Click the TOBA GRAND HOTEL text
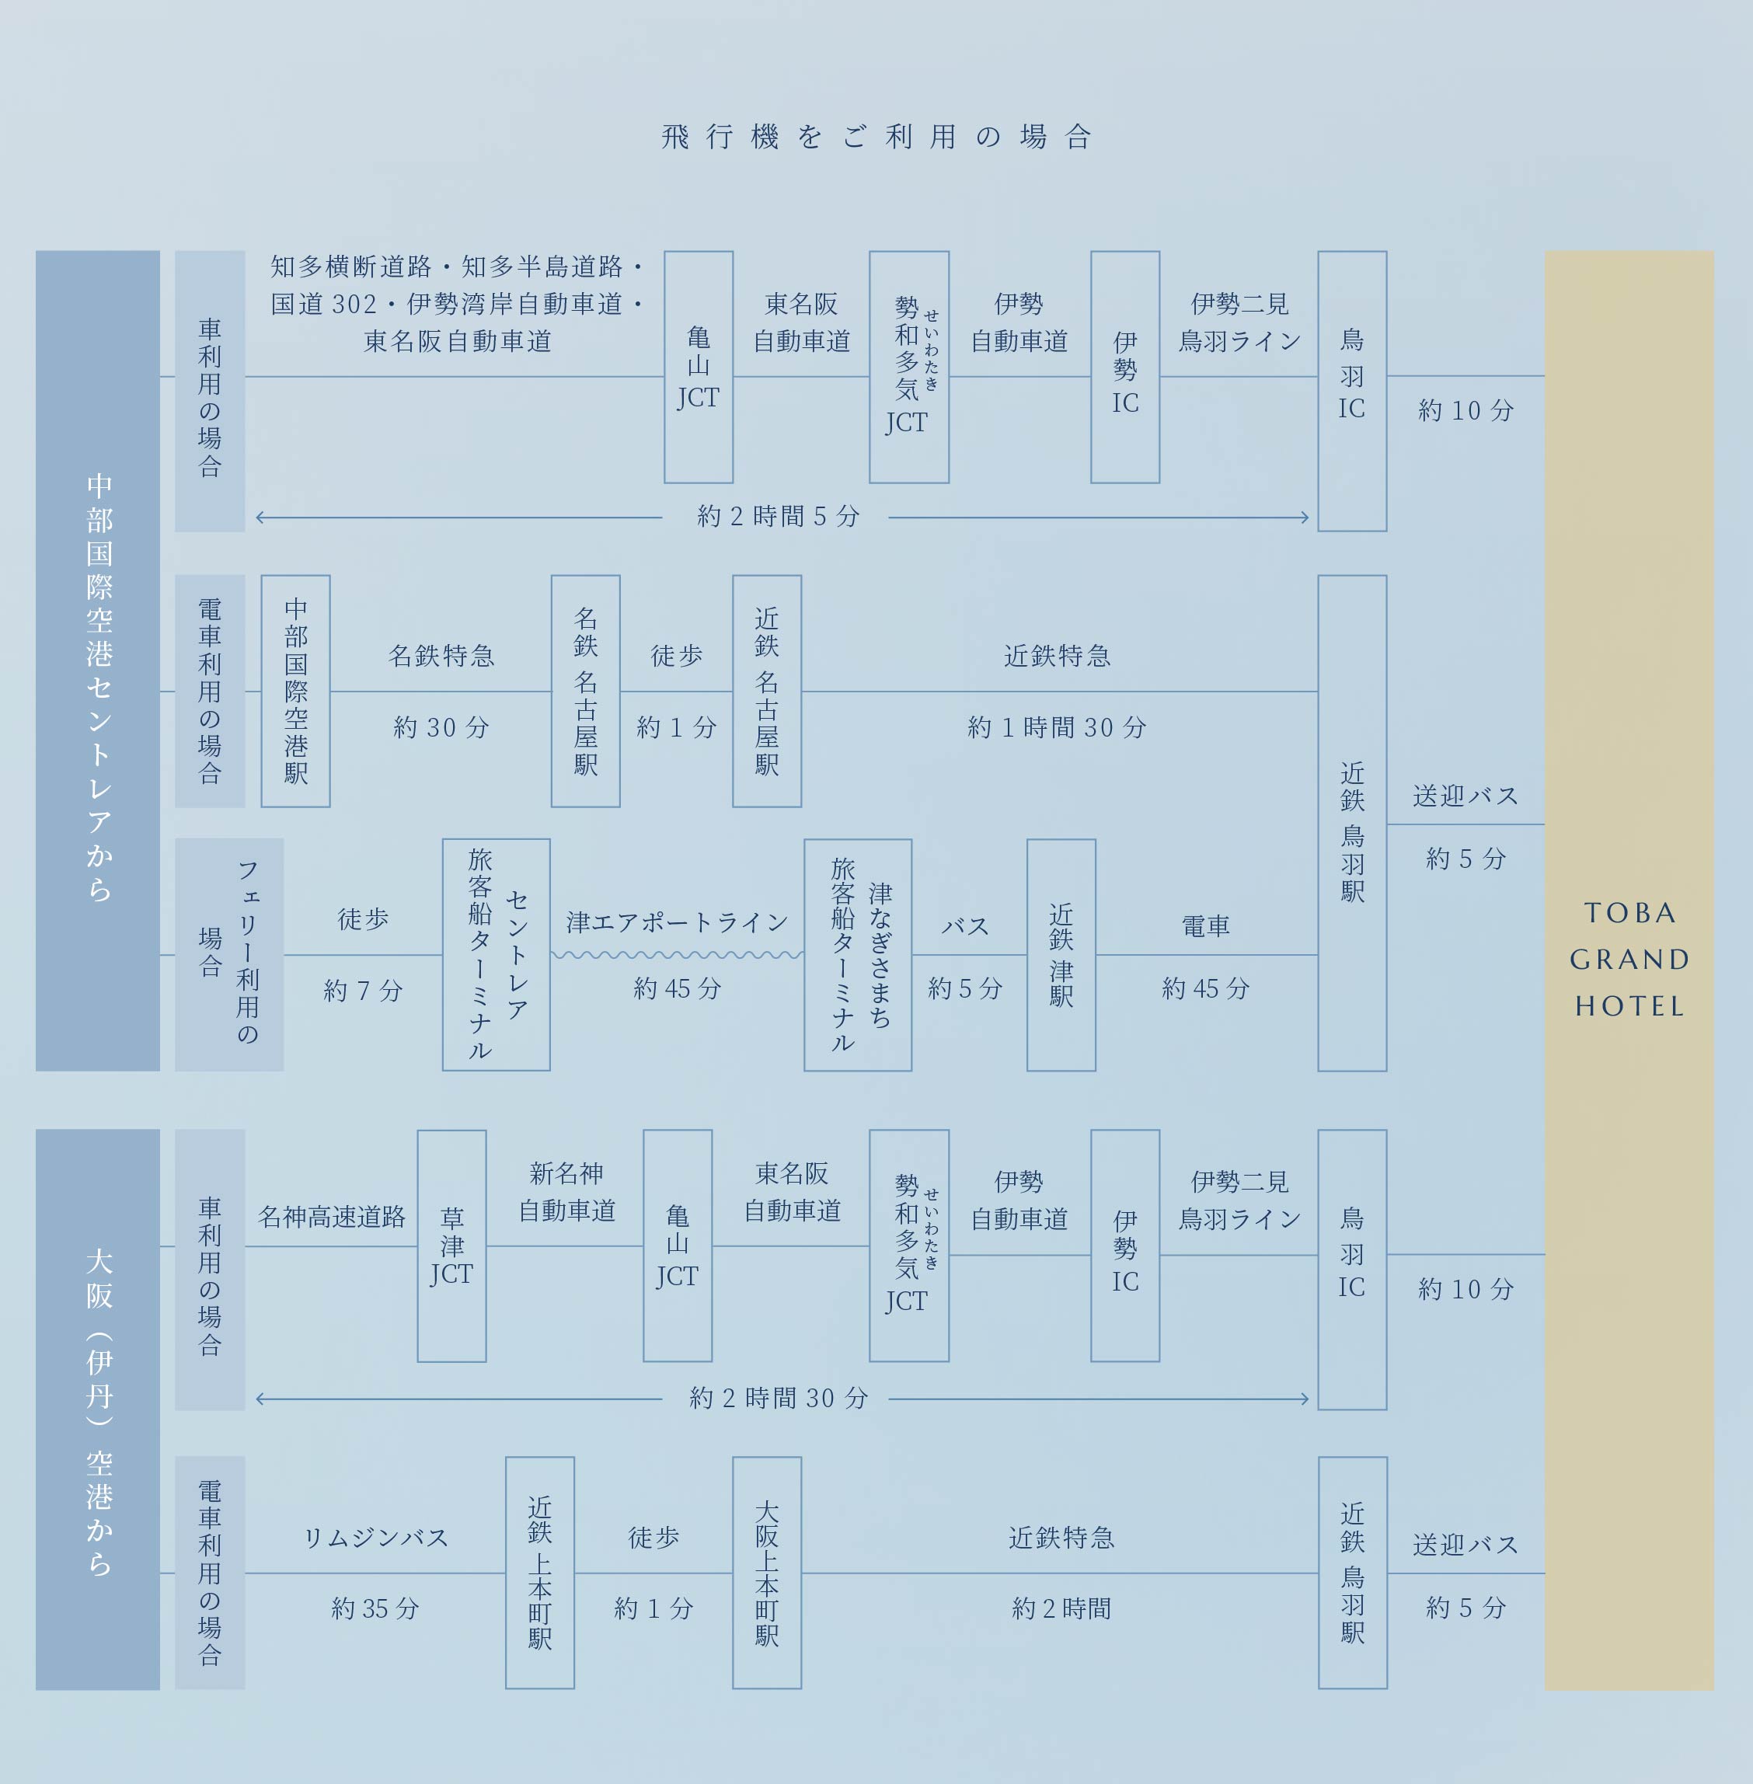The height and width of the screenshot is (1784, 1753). [x=1629, y=959]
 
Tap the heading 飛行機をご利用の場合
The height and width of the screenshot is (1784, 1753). [x=876, y=138]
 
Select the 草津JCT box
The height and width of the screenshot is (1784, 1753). [x=451, y=1246]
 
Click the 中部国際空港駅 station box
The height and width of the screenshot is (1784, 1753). [x=295, y=691]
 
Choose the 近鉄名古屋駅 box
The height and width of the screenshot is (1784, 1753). [x=766, y=691]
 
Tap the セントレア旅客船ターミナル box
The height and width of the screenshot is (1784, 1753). [x=497, y=955]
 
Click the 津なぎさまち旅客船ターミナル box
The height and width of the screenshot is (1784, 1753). [x=857, y=955]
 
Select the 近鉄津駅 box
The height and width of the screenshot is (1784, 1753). [x=1061, y=955]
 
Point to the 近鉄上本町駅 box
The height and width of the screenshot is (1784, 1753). [x=539, y=1573]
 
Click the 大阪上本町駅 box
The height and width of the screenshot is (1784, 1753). [x=766, y=1573]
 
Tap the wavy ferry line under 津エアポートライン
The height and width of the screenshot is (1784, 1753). [x=677, y=956]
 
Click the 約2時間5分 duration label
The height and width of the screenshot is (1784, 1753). [x=778, y=517]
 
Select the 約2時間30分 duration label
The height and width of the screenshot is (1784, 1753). [x=778, y=1399]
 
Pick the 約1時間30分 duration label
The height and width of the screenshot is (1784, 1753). [x=1057, y=727]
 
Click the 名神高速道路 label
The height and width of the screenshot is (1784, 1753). [x=332, y=1217]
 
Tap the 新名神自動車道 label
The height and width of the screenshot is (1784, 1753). [x=566, y=1191]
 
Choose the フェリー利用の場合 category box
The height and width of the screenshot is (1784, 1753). [x=229, y=955]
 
